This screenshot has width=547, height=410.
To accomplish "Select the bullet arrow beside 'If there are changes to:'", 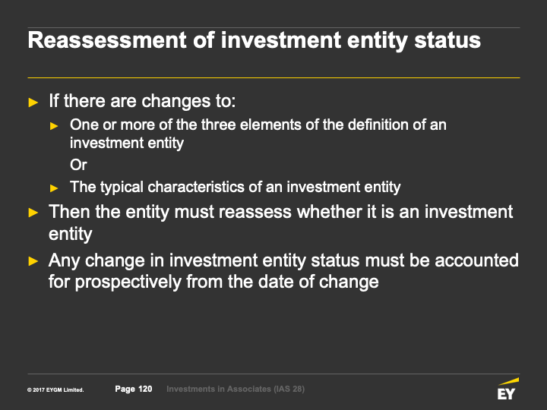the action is (33, 102).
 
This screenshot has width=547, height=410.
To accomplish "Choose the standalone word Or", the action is (78, 165).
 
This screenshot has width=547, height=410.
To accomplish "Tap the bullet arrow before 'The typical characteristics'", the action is (54, 188).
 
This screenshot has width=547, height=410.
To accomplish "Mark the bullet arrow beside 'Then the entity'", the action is (33, 213).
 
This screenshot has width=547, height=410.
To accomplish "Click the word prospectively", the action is (128, 282).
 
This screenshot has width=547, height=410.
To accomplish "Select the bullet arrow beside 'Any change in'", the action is (33, 261).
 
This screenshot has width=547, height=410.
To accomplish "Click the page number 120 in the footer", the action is (145, 389).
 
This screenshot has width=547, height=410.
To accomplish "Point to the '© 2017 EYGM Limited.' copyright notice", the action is (55, 389).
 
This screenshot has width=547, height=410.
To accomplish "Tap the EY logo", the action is (507, 389).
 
